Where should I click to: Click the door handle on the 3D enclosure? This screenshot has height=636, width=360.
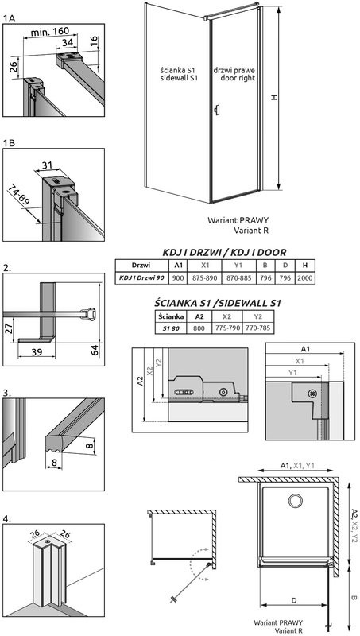pyautogui.click(x=217, y=110)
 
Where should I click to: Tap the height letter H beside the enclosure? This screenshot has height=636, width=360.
pyautogui.click(x=274, y=98)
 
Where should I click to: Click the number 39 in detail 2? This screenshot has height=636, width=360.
pyautogui.click(x=37, y=351)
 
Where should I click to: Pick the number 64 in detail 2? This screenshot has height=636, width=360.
pyautogui.click(x=95, y=350)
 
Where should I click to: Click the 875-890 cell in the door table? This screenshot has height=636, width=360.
pyautogui.click(x=205, y=277)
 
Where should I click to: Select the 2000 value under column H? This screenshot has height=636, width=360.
pyautogui.click(x=305, y=277)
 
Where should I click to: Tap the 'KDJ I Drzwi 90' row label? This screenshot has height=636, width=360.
pyautogui.click(x=141, y=277)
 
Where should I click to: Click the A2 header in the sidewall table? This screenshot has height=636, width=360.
pyautogui.click(x=199, y=316)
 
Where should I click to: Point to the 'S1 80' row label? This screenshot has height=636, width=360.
pyautogui.click(x=171, y=328)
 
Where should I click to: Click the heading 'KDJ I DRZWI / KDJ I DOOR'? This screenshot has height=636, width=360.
pyautogui.click(x=224, y=252)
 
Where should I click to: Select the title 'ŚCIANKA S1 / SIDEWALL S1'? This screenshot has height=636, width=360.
pyautogui.click(x=218, y=303)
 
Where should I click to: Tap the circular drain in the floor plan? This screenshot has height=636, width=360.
pyautogui.click(x=296, y=501)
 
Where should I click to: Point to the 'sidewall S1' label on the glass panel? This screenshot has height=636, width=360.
pyautogui.click(x=178, y=78)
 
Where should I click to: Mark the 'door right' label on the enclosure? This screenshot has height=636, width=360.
pyautogui.click(x=238, y=78)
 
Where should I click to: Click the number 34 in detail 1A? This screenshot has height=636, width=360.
pyautogui.click(x=68, y=42)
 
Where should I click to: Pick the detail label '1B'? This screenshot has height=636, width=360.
pyautogui.click(x=10, y=143)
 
